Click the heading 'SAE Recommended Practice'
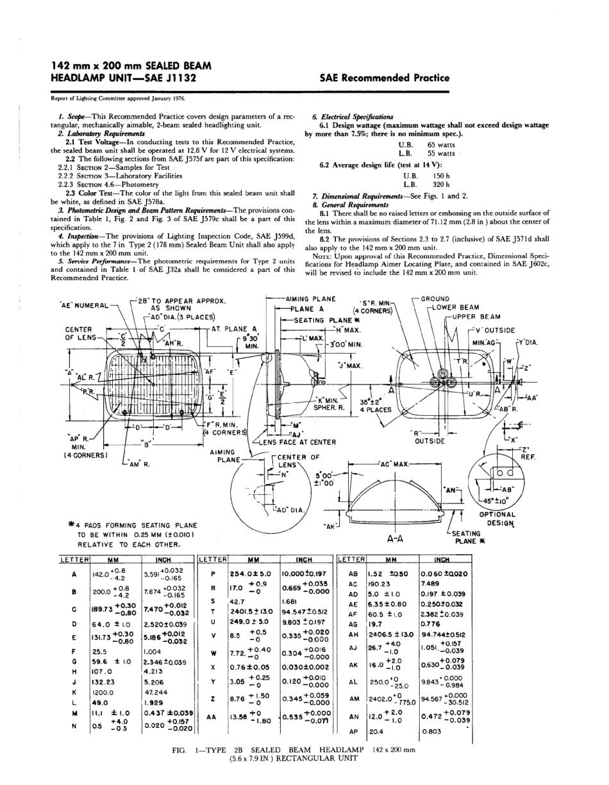tap(384, 78)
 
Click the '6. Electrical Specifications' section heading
tap(353, 117)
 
